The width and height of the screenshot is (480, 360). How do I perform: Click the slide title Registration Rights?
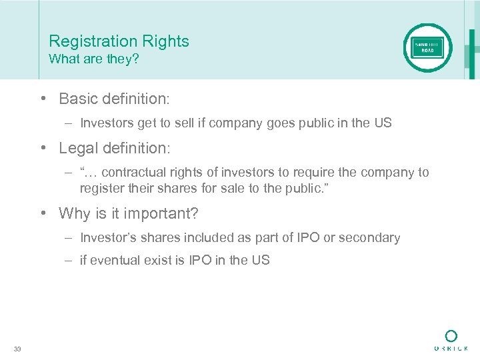pyautogui.click(x=119, y=41)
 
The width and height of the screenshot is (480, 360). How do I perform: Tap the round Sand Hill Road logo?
pyautogui.click(x=427, y=48)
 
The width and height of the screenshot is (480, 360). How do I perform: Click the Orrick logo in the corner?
pyautogui.click(x=451, y=340)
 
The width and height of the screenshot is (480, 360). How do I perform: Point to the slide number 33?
pyautogui.click(x=17, y=349)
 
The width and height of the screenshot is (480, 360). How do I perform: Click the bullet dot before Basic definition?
pyautogui.click(x=43, y=99)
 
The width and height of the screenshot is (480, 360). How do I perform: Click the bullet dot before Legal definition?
pyautogui.click(x=43, y=148)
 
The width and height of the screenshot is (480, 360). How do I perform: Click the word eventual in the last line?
pyautogui.click(x=113, y=261)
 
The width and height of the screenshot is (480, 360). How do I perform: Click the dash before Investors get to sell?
pyautogui.click(x=69, y=123)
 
